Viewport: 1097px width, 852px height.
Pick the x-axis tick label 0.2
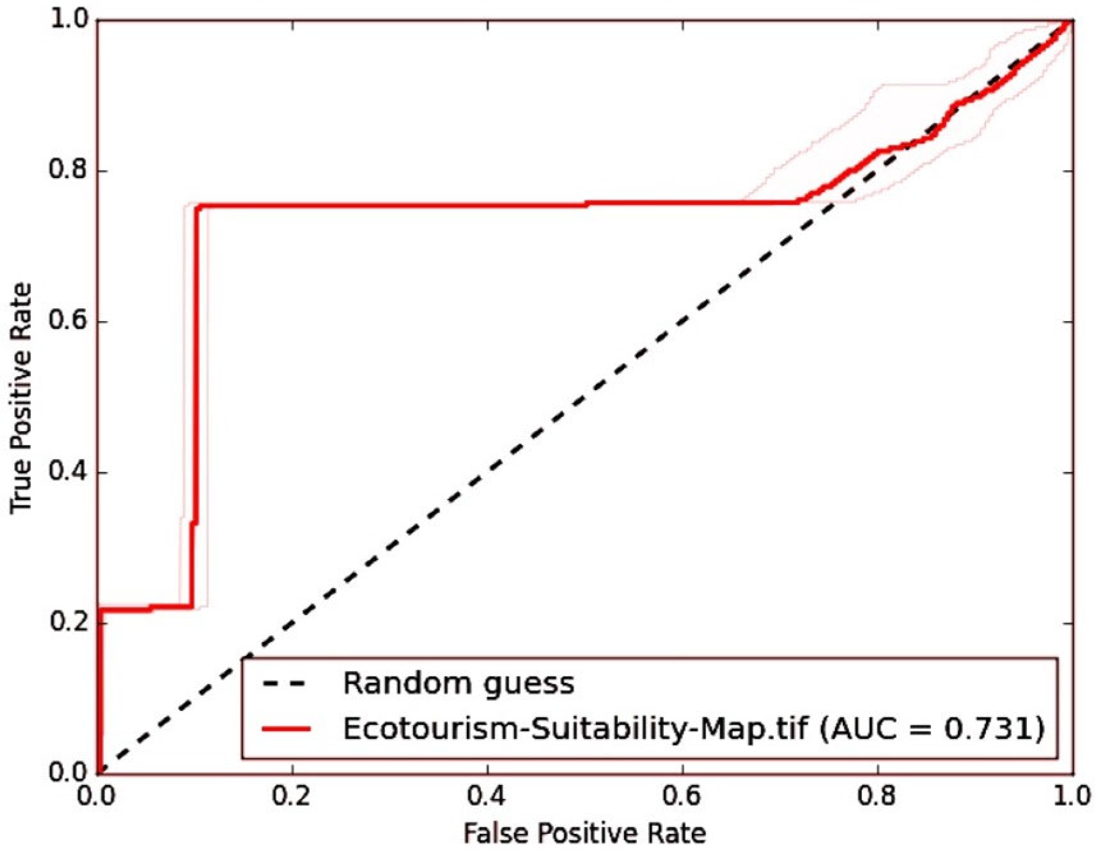tap(293, 799)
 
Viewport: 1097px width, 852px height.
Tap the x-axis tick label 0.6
tap(683, 799)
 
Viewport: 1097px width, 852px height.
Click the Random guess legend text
tap(459, 684)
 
